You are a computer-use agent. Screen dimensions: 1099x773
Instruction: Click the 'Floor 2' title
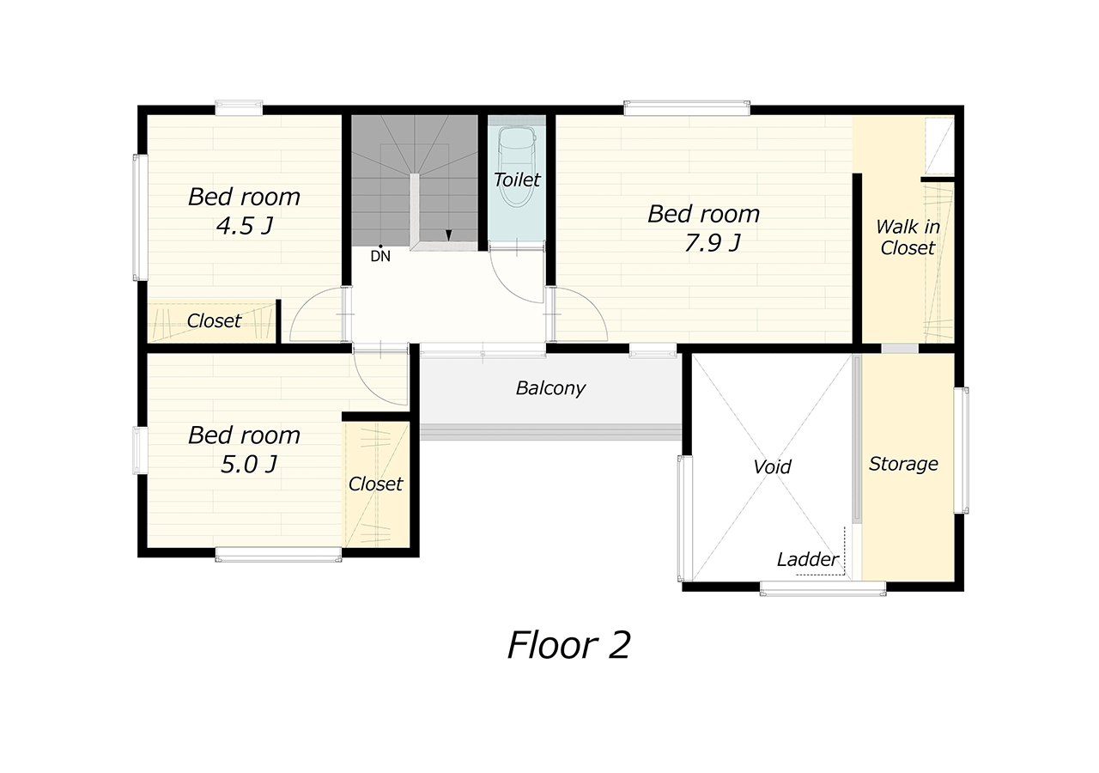(568, 645)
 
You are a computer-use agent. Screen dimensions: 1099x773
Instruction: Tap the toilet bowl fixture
(517, 167)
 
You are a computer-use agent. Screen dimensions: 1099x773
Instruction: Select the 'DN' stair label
(380, 256)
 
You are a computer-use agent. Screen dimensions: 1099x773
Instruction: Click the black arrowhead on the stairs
(448, 235)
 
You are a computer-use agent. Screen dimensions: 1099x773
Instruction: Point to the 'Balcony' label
(550, 388)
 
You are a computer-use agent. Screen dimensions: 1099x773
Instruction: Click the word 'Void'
(772, 466)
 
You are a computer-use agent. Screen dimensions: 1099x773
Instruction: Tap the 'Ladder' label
(808, 559)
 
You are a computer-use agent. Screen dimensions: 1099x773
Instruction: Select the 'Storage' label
(903, 464)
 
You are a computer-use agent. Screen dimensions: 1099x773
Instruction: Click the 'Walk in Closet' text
(908, 237)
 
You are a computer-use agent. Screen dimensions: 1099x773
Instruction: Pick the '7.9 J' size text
(713, 242)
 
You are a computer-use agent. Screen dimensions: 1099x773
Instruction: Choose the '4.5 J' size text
(245, 226)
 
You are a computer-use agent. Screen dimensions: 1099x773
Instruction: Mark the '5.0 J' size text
(249, 465)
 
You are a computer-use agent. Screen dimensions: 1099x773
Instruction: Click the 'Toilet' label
(517, 180)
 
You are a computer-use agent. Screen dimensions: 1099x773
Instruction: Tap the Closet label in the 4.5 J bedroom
(214, 321)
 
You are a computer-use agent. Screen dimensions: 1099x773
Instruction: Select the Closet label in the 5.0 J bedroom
(375, 484)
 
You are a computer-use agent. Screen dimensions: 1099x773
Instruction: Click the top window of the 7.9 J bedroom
(687, 108)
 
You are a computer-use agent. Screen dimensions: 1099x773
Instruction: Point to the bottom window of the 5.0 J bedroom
(278, 555)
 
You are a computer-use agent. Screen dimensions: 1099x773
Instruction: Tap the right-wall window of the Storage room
(961, 451)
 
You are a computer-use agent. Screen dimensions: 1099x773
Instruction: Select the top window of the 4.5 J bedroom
(239, 108)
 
